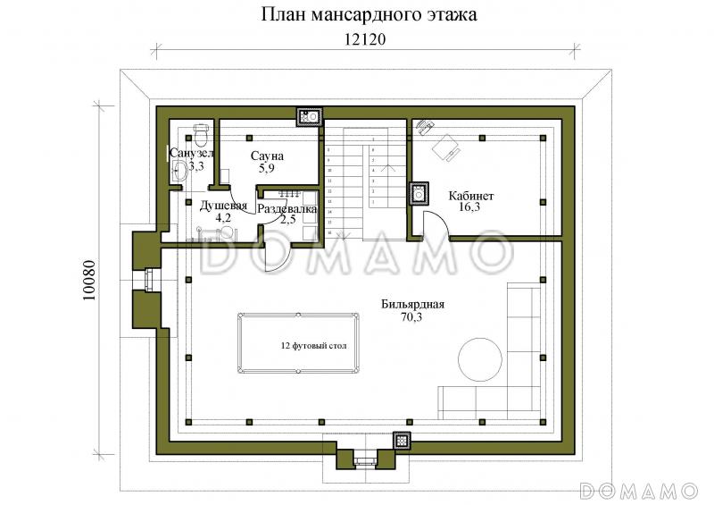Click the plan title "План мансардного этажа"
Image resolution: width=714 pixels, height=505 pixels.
click(357, 14)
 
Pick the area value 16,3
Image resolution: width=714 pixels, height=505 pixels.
click(471, 207)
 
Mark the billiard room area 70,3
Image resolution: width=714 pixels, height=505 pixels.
click(412, 317)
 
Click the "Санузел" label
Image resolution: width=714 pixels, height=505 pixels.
click(191, 154)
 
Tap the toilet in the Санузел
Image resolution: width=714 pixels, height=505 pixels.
click(201, 139)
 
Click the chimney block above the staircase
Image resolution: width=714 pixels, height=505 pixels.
click(311, 115)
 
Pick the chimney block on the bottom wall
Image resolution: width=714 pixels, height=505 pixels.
click(403, 440)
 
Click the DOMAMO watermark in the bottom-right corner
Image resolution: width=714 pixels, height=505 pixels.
click(637, 490)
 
